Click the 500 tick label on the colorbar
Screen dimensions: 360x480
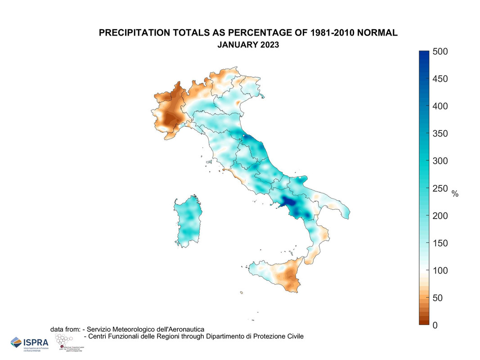point(440,51)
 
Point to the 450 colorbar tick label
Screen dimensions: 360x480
point(440,79)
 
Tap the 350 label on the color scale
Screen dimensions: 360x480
point(440,134)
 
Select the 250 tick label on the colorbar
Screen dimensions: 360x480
point(440,189)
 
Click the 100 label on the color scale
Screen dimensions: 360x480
point(440,270)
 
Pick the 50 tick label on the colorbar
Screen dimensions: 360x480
point(438,298)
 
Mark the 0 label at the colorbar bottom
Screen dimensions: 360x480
point(435,325)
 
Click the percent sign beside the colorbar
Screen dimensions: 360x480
point(455,194)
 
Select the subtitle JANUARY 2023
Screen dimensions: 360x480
point(248,45)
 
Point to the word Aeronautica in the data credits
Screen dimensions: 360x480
point(185,329)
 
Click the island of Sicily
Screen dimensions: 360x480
point(277,274)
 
